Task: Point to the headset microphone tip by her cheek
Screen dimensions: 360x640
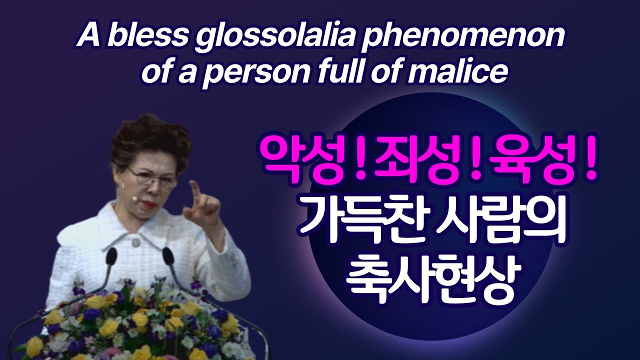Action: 134,198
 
